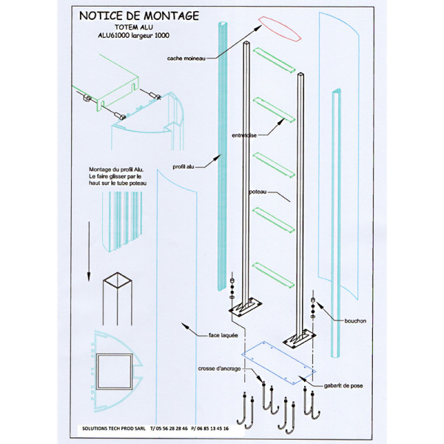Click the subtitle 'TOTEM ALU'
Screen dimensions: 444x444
pos(136,25)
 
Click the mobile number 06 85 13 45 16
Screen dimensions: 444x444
pos(210,428)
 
